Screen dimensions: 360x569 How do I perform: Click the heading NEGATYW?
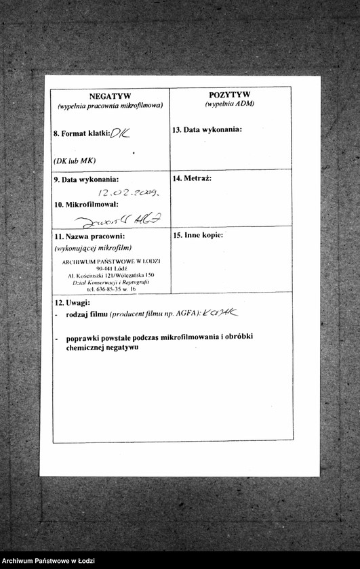(110, 96)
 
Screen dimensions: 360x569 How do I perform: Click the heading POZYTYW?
(229, 95)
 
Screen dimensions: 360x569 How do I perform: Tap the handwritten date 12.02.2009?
(128, 192)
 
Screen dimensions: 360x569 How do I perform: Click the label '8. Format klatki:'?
(81, 134)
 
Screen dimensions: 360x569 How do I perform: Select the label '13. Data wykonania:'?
(207, 129)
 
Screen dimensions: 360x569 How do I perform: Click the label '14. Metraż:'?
(193, 178)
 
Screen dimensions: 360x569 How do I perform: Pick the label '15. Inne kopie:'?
(198, 235)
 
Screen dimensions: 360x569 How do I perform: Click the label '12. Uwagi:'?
(72, 302)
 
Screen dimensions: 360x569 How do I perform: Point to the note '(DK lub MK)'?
(75, 161)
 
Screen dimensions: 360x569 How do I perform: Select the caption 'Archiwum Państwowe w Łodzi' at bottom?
(48, 562)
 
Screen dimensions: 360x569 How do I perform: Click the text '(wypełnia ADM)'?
(229, 104)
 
